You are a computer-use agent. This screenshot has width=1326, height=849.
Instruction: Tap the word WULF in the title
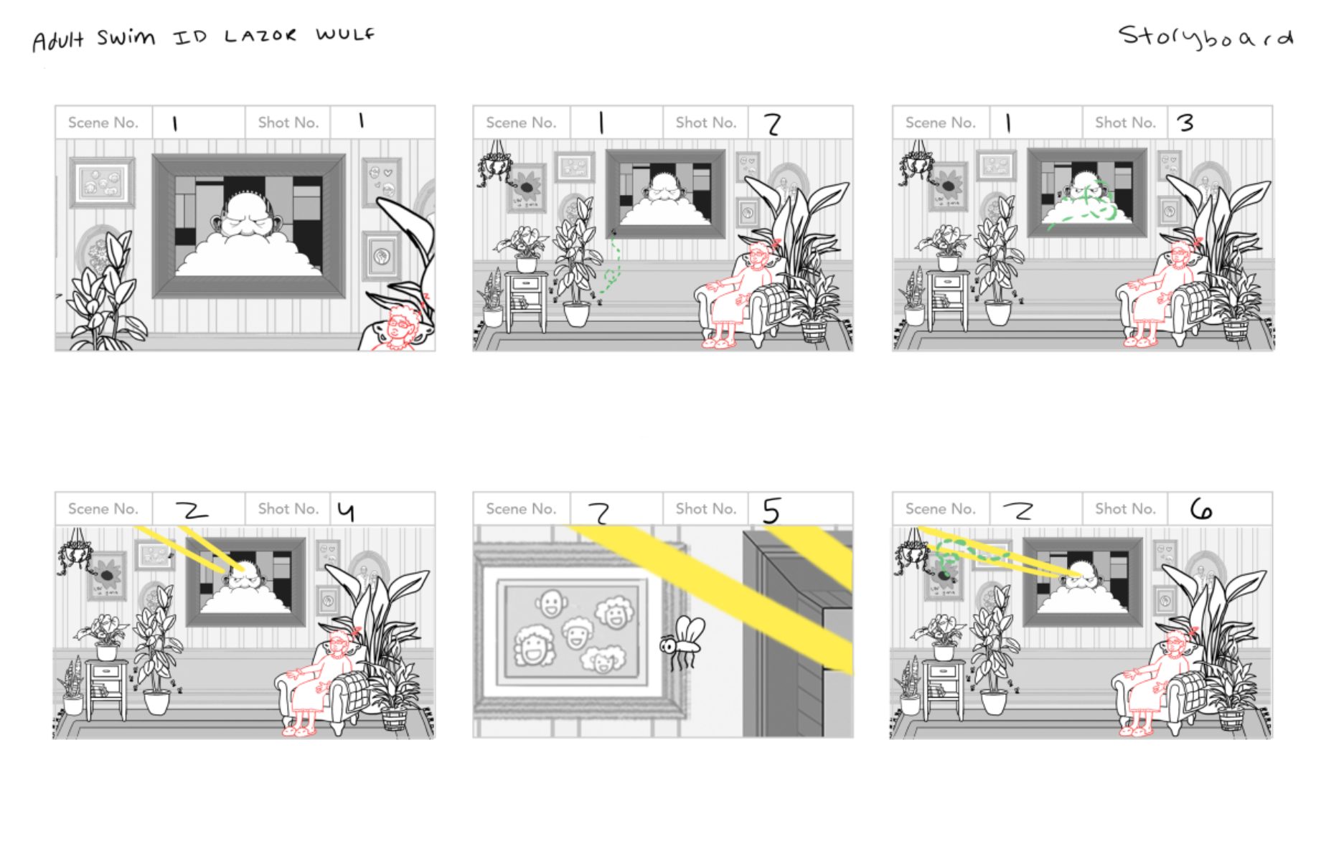pyautogui.click(x=345, y=34)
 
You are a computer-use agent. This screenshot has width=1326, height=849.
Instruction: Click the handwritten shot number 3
pyautogui.click(x=1185, y=123)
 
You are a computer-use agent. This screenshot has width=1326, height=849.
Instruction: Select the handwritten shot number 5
pyautogui.click(x=771, y=511)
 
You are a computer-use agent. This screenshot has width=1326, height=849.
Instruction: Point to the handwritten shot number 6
pyautogui.click(x=1200, y=509)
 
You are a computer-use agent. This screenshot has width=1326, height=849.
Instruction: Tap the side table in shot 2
pyautogui.click(x=526, y=301)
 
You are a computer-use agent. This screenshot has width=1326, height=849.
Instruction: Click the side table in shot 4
pyautogui.click(x=106, y=688)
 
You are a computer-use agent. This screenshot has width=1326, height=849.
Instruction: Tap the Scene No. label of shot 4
pyautogui.click(x=103, y=508)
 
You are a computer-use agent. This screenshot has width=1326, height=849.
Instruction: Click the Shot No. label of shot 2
pyautogui.click(x=706, y=123)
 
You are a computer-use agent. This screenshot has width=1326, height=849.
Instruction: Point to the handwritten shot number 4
pyautogui.click(x=346, y=511)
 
